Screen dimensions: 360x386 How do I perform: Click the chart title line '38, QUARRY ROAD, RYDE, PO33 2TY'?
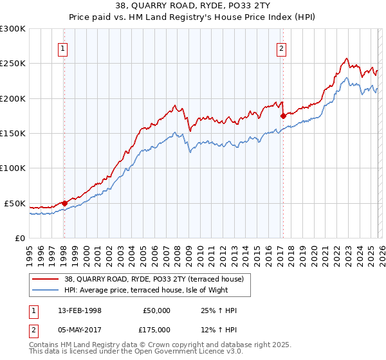coord(193,7)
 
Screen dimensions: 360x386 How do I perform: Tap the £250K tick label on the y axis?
coord(13,64)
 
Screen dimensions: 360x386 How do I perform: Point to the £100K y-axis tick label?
coord(13,168)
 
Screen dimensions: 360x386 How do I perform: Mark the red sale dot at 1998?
coord(64,203)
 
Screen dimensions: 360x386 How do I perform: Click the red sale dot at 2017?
coord(282,116)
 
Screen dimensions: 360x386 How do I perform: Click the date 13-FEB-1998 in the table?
coord(75,310)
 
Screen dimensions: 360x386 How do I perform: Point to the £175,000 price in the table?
coord(156,330)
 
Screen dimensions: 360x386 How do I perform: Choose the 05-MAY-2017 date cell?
coord(76,330)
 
